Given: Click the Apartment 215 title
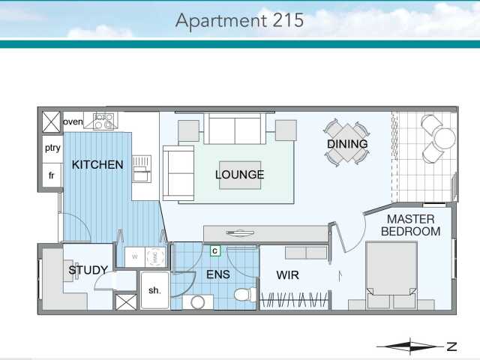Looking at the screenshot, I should click(x=239, y=19).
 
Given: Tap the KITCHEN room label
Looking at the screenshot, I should click(x=97, y=164).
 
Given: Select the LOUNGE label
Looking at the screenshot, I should click(x=239, y=175).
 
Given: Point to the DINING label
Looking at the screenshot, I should click(x=347, y=144).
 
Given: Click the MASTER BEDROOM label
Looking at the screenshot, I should click(x=410, y=225).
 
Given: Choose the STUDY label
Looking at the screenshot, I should click(x=88, y=270).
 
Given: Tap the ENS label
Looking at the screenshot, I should click(x=217, y=274).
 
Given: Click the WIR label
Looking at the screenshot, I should click(x=288, y=274).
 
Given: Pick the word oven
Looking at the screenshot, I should click(x=73, y=121).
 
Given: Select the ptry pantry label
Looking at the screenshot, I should click(x=52, y=148).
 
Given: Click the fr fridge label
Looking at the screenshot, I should click(x=52, y=175).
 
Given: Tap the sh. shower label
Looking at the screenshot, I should click(x=154, y=290).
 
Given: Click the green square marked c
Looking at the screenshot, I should click(x=214, y=250).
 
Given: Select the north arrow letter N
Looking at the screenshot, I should click(x=451, y=346).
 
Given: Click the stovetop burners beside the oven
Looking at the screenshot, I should click(x=103, y=120).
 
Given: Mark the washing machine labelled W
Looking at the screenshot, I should click(x=135, y=256).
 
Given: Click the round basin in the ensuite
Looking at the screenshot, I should click(x=196, y=302).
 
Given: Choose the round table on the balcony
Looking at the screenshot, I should click(x=444, y=139).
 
